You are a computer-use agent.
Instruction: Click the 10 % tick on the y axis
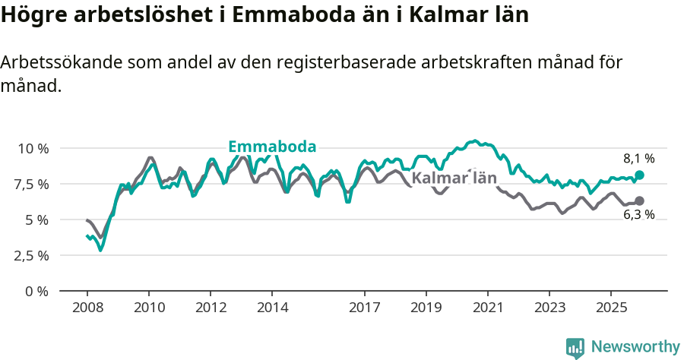pos(33,148)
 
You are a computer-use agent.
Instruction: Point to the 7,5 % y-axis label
pos(33,184)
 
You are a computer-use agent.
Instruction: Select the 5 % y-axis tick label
pos(37,219)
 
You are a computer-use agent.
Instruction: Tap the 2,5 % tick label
pos(33,255)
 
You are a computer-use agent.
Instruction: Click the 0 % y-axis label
pos(37,291)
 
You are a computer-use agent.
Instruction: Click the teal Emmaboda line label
pos(272,147)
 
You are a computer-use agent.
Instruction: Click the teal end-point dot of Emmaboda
pos(639,175)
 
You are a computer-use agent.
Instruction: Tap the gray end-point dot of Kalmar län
pos(639,201)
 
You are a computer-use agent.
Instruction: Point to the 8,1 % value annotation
pos(639,159)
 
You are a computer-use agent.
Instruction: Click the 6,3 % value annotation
pos(639,215)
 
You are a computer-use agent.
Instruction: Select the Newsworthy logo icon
pos(575,347)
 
